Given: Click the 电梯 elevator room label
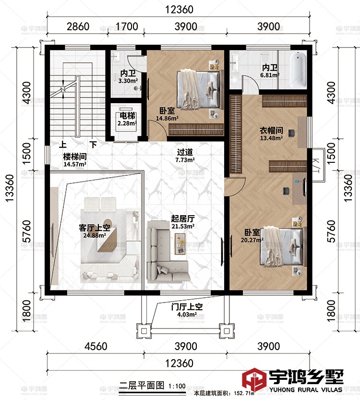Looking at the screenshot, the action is pos(127,116).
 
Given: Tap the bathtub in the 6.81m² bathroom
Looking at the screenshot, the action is pos(298,69).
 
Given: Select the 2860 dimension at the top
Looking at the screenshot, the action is pos(78,26).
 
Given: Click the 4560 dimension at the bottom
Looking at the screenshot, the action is pos(96,346).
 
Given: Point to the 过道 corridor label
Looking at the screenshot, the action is pos(185,152).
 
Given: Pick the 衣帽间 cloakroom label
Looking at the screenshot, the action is pos(271,130).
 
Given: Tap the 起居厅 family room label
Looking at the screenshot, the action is pos(183,218).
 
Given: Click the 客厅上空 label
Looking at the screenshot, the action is pos(95,228).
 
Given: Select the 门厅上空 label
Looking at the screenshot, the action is pos(187,307).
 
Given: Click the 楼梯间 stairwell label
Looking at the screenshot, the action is pos(75,157).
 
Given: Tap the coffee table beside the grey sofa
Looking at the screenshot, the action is pos(180,243).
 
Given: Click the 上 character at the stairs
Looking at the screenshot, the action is pos(63,145).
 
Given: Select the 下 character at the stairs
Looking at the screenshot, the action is pos(93,145).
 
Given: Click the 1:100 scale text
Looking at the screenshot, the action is pos(177,386).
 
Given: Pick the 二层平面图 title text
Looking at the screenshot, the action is pos(142,385).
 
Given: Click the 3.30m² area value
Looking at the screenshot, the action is pos(128,81).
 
